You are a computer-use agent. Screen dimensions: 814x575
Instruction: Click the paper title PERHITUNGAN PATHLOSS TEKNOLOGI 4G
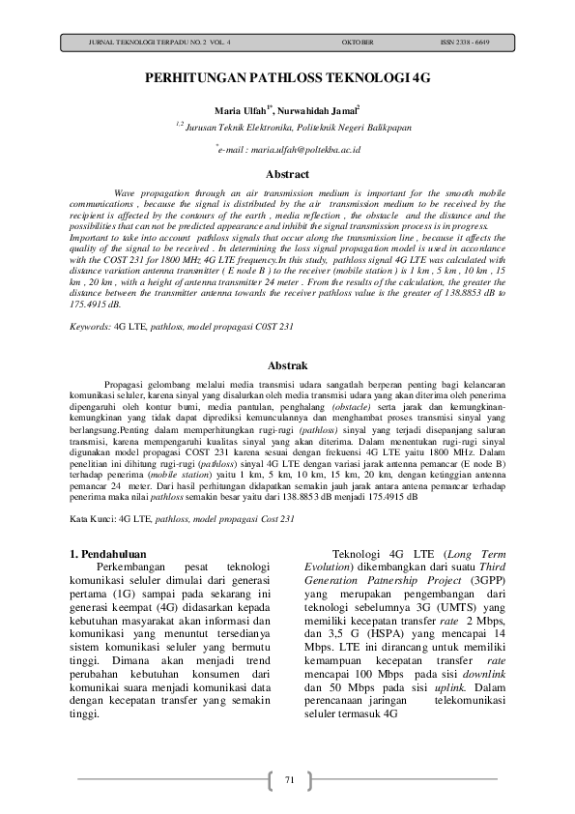[287, 83]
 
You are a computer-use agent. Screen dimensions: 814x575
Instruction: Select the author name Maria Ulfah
[243, 111]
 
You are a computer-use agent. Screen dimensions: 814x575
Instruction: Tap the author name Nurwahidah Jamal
[320, 111]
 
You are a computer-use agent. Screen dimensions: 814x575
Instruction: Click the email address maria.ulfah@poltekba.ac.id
[290, 151]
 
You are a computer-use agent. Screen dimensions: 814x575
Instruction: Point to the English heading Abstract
[287, 175]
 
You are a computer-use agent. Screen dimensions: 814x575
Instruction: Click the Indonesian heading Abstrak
[287, 366]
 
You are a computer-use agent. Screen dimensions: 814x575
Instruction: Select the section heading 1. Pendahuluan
[113, 553]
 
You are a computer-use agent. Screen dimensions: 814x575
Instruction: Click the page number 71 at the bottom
[288, 779]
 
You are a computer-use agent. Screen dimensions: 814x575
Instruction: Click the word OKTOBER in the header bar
[359, 44]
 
